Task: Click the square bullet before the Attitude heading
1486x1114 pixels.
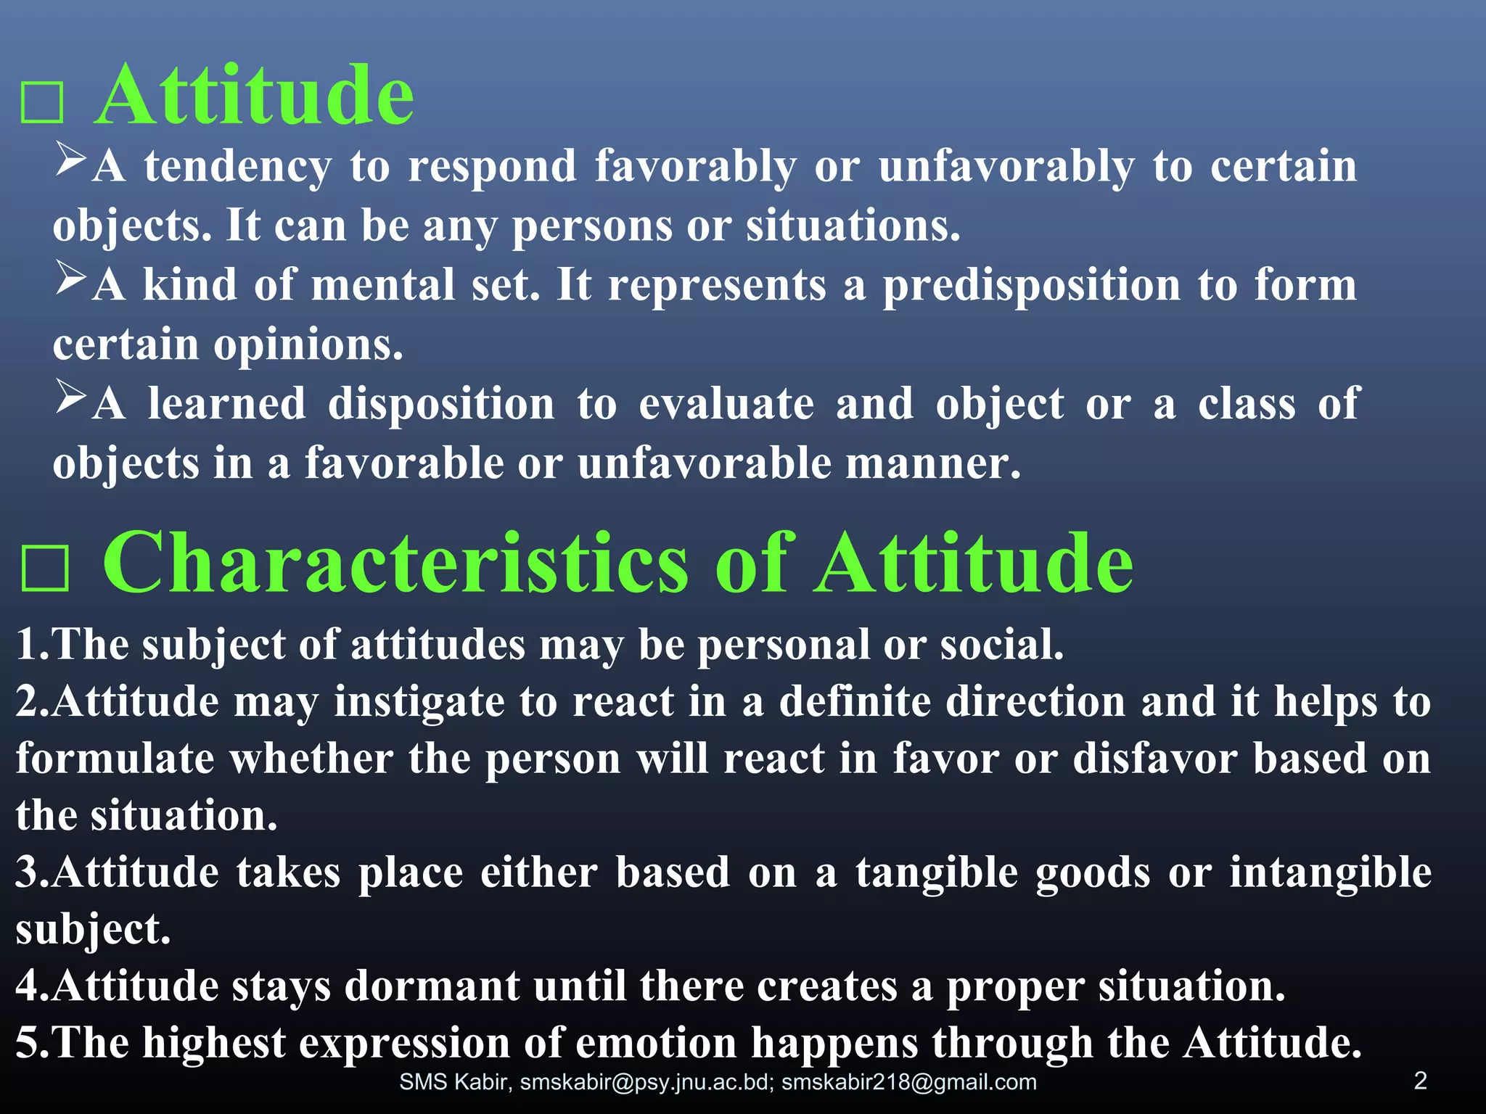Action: point(42,102)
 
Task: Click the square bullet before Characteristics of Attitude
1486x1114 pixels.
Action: point(45,569)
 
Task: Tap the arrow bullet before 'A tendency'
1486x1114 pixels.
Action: point(71,159)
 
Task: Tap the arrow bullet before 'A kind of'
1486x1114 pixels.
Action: point(71,278)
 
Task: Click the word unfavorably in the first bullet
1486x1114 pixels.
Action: point(1006,168)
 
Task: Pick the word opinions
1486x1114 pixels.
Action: point(308,346)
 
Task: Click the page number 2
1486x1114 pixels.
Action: point(1420,1081)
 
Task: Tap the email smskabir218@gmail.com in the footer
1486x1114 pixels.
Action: point(908,1082)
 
